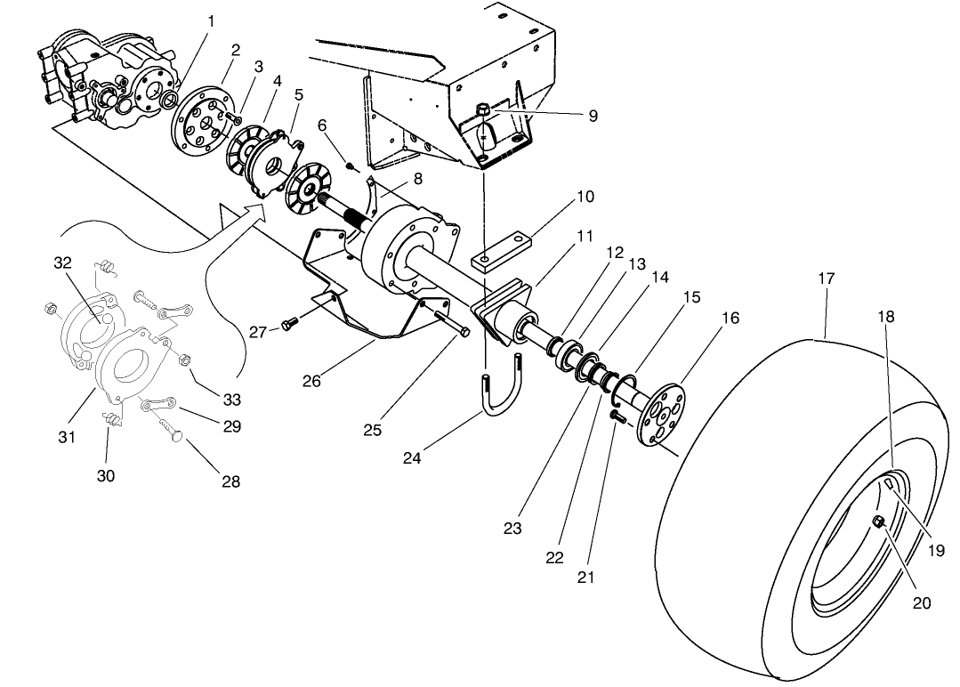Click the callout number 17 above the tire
click(826, 279)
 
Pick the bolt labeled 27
click(288, 326)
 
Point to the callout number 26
click(311, 381)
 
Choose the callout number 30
click(106, 476)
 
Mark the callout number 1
click(210, 20)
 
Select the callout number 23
click(512, 527)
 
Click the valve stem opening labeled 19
click(891, 483)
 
